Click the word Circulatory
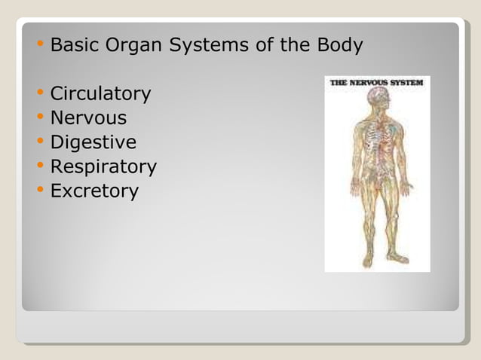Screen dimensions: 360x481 click(x=100, y=94)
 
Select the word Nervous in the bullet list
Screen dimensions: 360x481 click(x=88, y=118)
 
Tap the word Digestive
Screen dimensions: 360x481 click(x=93, y=142)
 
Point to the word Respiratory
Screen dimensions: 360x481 click(x=103, y=166)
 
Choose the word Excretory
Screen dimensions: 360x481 click(x=94, y=191)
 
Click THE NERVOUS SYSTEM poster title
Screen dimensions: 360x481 click(x=377, y=83)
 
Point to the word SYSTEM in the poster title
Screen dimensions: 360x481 click(x=409, y=83)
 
